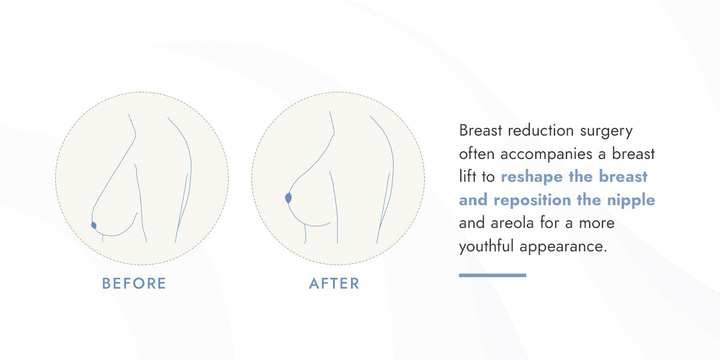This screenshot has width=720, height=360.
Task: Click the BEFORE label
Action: (x=134, y=283)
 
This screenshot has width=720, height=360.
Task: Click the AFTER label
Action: (x=334, y=283)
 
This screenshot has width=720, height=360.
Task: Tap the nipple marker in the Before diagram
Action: (x=94, y=226)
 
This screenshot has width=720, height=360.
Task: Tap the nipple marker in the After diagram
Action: (x=289, y=198)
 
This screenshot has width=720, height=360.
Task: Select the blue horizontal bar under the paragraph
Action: (x=493, y=275)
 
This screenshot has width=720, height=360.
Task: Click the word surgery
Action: (x=606, y=131)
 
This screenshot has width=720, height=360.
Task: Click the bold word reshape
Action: (x=532, y=177)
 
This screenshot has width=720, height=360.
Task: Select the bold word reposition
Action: (x=533, y=200)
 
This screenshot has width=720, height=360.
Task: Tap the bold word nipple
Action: (x=631, y=200)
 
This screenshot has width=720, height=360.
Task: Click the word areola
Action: (x=512, y=223)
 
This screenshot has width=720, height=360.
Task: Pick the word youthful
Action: (x=486, y=247)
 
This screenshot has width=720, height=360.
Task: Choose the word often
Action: (x=476, y=154)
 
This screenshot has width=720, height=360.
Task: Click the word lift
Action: (x=467, y=176)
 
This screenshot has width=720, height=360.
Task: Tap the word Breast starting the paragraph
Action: (x=481, y=131)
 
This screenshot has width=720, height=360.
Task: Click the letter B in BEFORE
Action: (x=106, y=283)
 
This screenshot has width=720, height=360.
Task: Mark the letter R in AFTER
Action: (x=355, y=283)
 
